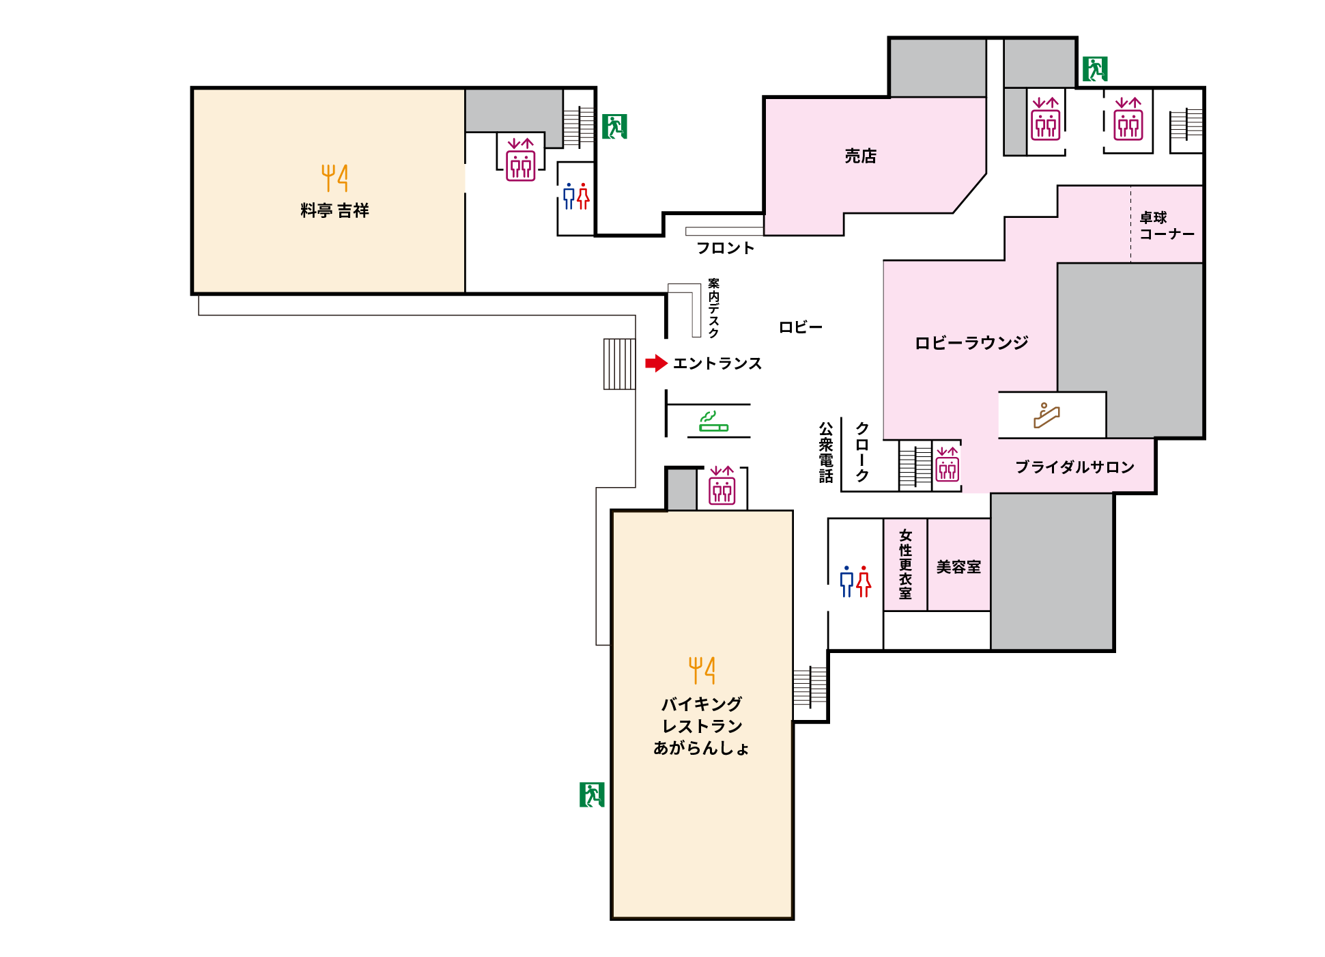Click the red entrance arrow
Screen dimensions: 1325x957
pos(656,363)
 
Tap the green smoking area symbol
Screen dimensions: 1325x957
pos(713,421)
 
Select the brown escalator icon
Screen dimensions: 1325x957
pos(1046,415)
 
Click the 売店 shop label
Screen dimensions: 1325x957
pos(860,156)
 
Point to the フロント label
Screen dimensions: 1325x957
pos(725,248)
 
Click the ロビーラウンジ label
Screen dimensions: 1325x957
pos(971,342)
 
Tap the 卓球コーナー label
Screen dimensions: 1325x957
pos(1167,225)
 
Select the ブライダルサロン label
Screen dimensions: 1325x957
pos(1074,467)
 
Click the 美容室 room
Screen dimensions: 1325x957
pos(958,565)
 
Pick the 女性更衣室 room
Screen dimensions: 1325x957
pos(905,565)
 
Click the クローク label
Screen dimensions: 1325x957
pos(862,452)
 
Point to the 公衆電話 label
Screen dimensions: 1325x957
pos(826,452)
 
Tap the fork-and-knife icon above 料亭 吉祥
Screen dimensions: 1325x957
pos(334,178)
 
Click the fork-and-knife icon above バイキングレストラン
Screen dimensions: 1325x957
pos(702,670)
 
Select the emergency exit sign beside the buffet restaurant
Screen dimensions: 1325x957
pos(592,794)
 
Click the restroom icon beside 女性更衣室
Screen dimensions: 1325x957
pos(855,581)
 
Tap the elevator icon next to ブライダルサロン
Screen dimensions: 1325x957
pos(948,464)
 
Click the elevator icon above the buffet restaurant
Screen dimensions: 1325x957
pos(722,485)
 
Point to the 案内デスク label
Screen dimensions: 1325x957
pos(713,307)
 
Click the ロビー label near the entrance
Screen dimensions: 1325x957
pos(801,327)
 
